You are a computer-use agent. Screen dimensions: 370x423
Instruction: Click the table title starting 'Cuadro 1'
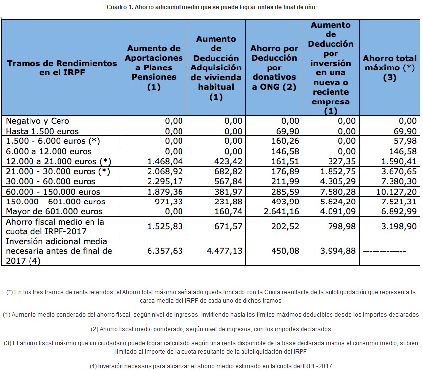click(x=211, y=7)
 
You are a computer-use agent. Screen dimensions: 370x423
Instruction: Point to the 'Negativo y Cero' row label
click(x=37, y=121)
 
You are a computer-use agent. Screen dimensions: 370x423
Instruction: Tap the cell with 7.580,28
click(x=338, y=192)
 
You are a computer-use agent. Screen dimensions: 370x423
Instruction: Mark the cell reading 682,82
click(x=228, y=171)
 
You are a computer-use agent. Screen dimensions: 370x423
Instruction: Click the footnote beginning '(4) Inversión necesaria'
click(x=211, y=365)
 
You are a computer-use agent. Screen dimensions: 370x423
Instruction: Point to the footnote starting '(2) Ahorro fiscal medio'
click(x=211, y=329)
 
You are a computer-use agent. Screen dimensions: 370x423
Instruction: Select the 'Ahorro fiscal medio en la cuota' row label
click(x=55, y=226)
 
